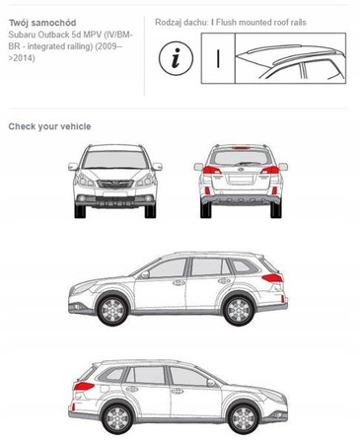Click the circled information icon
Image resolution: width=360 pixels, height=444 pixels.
point(176,58)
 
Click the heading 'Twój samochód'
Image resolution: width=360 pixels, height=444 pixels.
point(42,23)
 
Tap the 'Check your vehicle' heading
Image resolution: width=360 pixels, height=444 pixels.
point(49,126)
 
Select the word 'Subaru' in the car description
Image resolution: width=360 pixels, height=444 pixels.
point(22,35)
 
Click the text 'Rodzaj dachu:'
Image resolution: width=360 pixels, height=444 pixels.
point(181,23)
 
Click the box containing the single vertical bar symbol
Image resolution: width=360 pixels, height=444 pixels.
point(218,58)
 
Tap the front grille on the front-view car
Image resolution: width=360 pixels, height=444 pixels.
point(115,185)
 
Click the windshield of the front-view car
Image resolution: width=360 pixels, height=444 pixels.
point(115,160)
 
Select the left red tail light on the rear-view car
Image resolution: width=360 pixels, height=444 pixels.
point(211,170)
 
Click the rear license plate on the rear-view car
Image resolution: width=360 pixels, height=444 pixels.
point(241,180)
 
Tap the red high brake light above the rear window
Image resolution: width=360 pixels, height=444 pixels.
point(241,148)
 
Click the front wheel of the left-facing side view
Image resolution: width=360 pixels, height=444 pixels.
point(112,310)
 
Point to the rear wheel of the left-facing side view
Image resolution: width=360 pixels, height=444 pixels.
point(239,310)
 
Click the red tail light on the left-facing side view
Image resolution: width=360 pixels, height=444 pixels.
point(272,278)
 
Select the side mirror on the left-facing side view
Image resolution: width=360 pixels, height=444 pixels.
point(145,274)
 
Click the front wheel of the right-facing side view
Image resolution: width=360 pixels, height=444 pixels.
point(244,418)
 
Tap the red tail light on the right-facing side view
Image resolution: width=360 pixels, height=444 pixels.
point(84,386)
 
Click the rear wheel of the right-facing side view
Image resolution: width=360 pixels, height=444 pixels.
point(117,418)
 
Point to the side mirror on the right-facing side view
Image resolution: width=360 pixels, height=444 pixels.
point(211,383)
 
